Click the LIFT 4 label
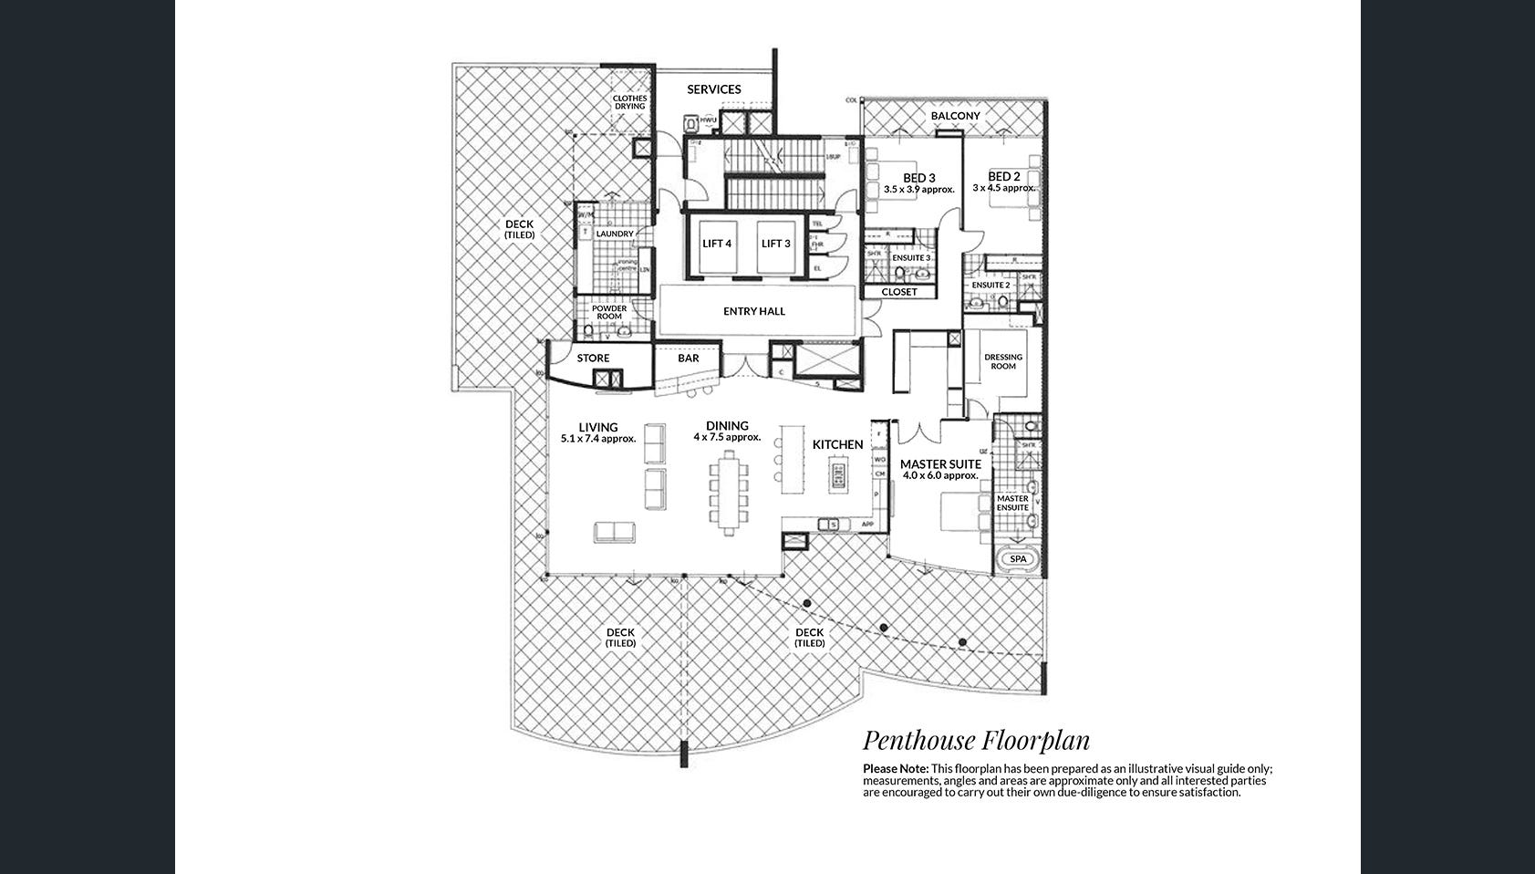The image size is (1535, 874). click(x=717, y=244)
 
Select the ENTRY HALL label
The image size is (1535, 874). click(x=754, y=311)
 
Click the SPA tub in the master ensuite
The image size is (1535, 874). click(x=1018, y=559)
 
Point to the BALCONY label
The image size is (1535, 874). click(x=955, y=116)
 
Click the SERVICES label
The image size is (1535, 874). click(x=714, y=89)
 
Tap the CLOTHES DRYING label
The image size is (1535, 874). click(x=629, y=102)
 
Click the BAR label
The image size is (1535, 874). click(x=689, y=359)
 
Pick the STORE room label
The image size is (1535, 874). click(x=593, y=359)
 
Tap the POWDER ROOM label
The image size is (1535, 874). click(x=609, y=312)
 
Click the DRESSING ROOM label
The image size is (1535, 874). click(x=1003, y=361)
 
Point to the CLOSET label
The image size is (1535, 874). click(x=899, y=292)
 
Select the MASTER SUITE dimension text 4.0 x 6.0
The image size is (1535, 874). click(x=940, y=475)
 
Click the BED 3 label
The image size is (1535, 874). click(x=919, y=178)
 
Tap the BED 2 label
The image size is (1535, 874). click(x=1004, y=176)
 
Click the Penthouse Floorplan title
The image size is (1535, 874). click(x=976, y=740)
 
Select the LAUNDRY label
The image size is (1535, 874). click(x=615, y=234)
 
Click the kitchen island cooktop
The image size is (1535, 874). click(x=837, y=475)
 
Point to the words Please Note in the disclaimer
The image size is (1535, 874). click(x=895, y=769)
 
